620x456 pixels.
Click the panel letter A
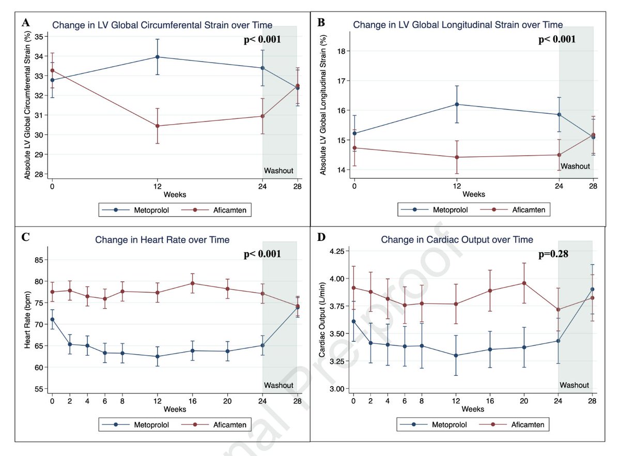pyautogui.click(x=24, y=22)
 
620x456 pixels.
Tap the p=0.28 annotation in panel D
pyautogui.click(x=553, y=254)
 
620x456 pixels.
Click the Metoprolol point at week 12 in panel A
pyautogui.click(x=157, y=57)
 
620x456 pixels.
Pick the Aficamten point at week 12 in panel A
pyautogui.click(x=157, y=126)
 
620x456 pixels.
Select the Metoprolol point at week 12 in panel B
pyautogui.click(x=457, y=104)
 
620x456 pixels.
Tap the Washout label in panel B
pyautogui.click(x=575, y=166)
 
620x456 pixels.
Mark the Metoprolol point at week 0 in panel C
pyautogui.click(x=52, y=319)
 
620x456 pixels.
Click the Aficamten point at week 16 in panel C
pyautogui.click(x=192, y=283)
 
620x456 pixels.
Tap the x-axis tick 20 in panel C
pyautogui.click(x=227, y=401)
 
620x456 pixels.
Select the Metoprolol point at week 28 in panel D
pyautogui.click(x=592, y=289)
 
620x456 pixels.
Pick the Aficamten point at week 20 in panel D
pyautogui.click(x=524, y=283)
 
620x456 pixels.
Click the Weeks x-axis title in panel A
pyautogui.click(x=174, y=194)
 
